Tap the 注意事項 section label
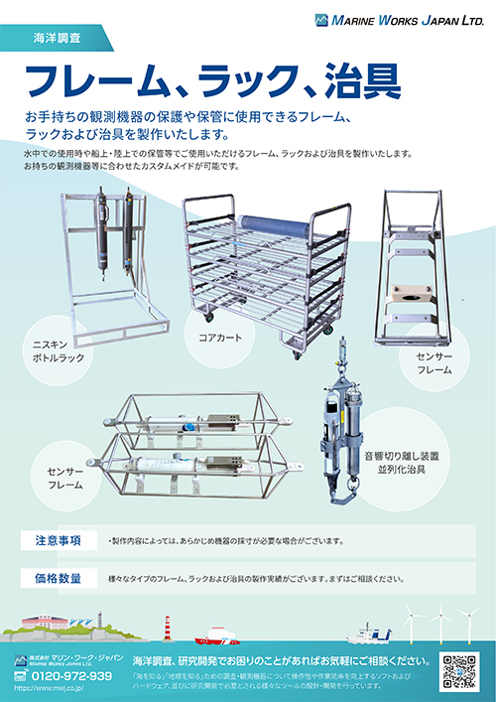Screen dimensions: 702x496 coord(59,541)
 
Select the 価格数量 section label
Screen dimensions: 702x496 coord(59,577)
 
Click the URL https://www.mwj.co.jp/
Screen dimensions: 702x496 coord(56,691)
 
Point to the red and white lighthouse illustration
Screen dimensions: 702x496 coord(168,628)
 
